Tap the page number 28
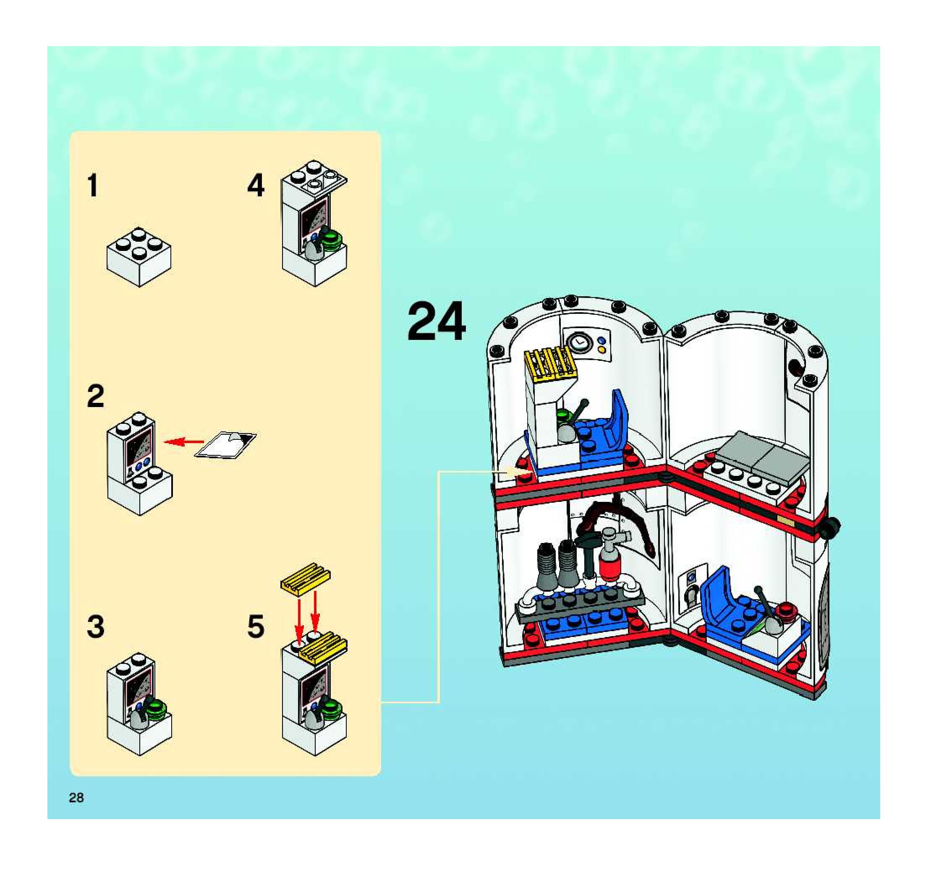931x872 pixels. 76,798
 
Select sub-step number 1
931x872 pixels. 93,186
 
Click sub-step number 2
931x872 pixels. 96,396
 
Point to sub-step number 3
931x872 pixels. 96,627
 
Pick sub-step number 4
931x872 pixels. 256,186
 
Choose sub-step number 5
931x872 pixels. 256,627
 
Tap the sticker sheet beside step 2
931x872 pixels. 225,446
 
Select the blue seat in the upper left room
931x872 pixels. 604,433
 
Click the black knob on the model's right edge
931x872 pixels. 830,527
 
